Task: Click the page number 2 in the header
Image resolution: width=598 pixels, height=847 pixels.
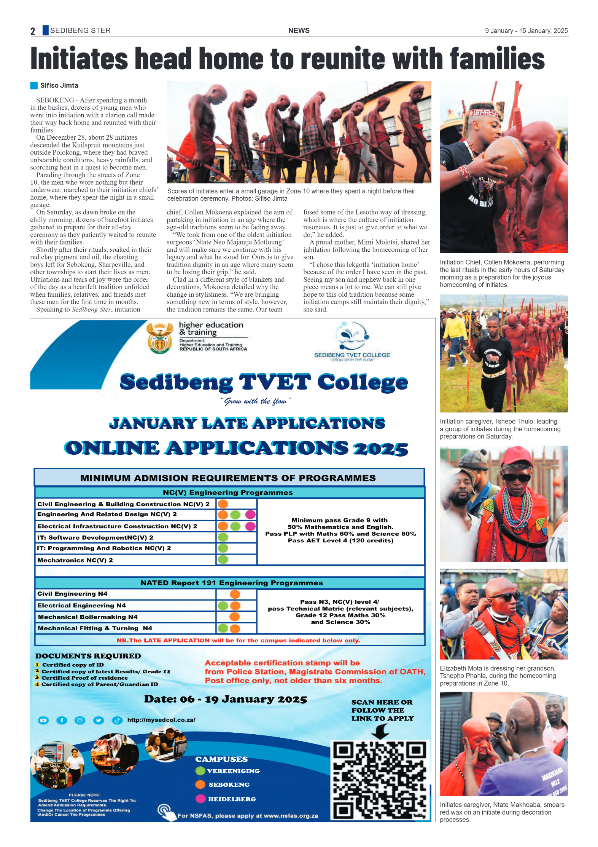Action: coord(33,31)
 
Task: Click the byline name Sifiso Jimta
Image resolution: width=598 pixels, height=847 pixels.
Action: coord(59,86)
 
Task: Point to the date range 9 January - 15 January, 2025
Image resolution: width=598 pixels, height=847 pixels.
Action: coord(526,31)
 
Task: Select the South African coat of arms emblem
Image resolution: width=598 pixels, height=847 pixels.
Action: coord(160,337)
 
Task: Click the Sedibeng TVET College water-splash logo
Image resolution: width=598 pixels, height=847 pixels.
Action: coord(352,336)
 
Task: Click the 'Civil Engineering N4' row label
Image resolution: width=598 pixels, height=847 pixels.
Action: coord(72,594)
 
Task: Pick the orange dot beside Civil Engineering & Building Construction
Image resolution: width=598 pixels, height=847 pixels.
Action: coord(223,504)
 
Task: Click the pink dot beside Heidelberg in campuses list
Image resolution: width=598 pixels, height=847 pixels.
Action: coord(200,799)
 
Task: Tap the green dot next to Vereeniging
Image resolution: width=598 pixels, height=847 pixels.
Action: coord(200,771)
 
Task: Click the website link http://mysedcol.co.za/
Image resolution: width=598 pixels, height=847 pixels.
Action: coord(161,720)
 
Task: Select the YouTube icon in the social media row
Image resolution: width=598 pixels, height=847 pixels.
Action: coord(43,720)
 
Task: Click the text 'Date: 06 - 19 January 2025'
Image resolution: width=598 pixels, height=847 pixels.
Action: coord(225,699)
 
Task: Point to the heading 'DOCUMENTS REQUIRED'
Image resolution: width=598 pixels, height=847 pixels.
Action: coord(88,656)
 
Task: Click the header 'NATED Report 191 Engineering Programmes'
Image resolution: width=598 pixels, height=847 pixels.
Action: coord(231,583)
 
